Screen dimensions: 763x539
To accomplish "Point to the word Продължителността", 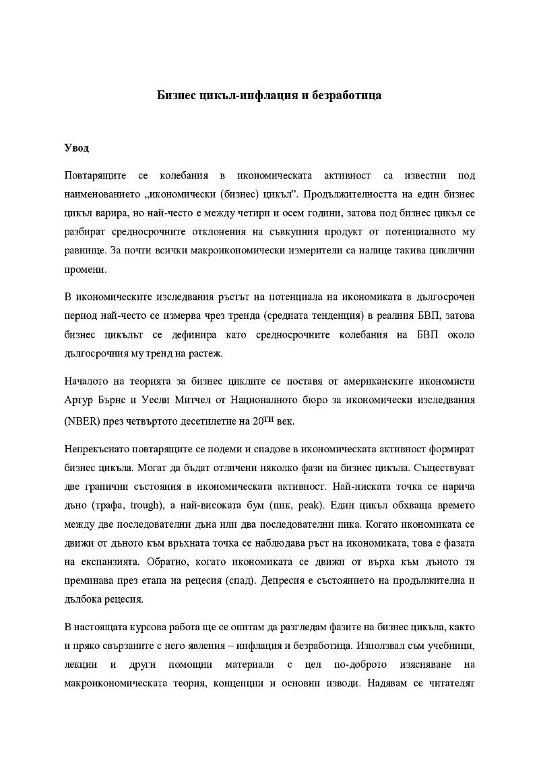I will tap(354, 195).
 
